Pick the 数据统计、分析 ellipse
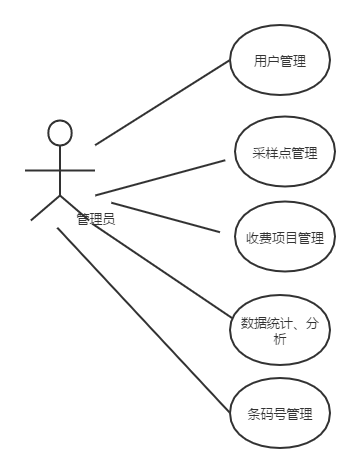coord(279,330)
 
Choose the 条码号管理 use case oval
coord(279,412)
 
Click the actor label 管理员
coord(95,219)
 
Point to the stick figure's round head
coord(61,132)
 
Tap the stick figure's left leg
coord(46,207)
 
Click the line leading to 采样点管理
coord(160,176)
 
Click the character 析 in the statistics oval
coord(279,341)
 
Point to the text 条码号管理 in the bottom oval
coord(279,412)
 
